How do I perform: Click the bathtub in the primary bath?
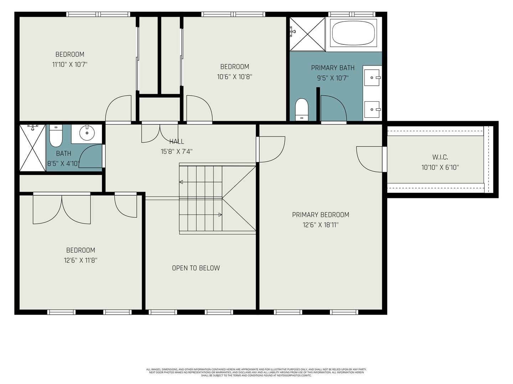pos(353,34)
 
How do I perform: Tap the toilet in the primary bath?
pos(301,110)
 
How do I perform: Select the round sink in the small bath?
pos(87,133)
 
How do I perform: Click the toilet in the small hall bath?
pos(56,136)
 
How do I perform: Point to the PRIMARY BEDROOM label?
pos(321,215)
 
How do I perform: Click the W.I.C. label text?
pos(440,157)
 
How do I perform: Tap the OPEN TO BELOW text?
pos(196,268)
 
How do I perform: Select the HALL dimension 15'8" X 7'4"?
pos(176,151)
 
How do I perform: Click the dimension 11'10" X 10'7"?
pos(69,64)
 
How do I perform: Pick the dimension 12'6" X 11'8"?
pos(81,260)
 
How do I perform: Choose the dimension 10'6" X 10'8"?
pos(235,77)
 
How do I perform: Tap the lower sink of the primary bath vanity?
pos(372,110)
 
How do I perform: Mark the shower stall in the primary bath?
pos(307,34)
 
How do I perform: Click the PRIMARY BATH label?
pos(333,68)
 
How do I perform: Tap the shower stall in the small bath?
pos(32,148)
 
